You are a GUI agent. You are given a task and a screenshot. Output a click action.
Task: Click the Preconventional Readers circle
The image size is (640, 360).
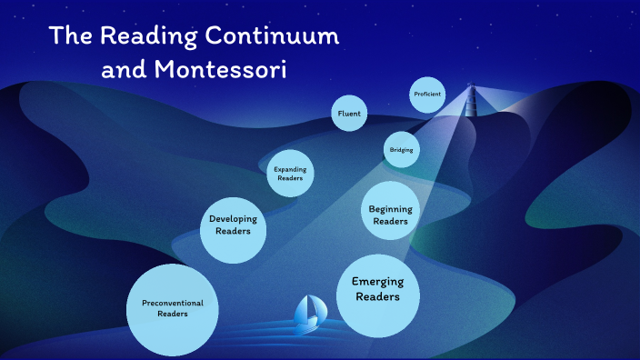coord(172,309)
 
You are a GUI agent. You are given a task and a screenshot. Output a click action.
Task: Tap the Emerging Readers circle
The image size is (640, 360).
coord(377,290)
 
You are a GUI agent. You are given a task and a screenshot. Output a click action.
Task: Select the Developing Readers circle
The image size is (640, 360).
coord(233,225)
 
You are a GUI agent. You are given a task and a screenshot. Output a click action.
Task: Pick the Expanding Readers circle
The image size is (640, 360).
coord(291,174)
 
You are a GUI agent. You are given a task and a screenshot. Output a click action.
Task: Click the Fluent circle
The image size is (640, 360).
coord(349,114)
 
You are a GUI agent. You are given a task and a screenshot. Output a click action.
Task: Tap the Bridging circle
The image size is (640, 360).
coord(402,149)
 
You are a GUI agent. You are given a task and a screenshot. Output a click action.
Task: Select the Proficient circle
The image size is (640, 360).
coord(427,94)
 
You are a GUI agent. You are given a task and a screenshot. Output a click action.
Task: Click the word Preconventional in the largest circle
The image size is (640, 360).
coord(172,303)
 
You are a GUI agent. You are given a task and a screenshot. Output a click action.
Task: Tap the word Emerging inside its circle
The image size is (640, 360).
coord(377,282)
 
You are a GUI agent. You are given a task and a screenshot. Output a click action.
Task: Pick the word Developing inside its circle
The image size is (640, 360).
coord(233,219)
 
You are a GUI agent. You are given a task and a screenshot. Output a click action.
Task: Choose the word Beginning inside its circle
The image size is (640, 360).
coord(390,210)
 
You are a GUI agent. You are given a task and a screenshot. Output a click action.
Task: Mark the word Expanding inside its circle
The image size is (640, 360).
coord(291,169)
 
